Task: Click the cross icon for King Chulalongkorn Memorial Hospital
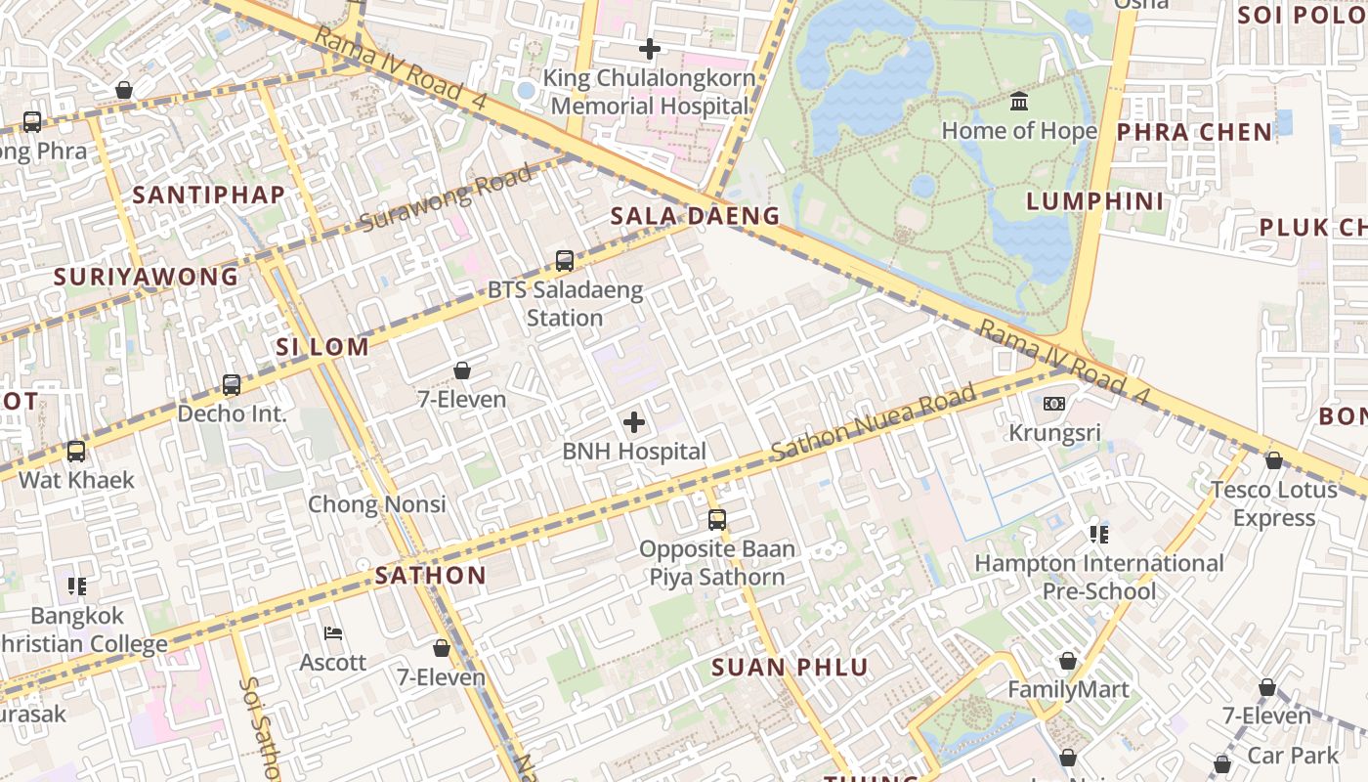tap(649, 48)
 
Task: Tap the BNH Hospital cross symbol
tap(634, 422)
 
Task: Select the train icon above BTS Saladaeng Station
tap(564, 261)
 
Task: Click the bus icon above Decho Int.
tap(232, 384)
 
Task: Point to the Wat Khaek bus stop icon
tap(76, 452)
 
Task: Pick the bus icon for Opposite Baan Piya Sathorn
tap(717, 520)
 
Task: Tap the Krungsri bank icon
tap(1053, 403)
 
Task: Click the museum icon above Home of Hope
tap(1019, 101)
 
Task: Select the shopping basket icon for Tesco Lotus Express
tap(1273, 460)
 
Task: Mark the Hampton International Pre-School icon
tap(1099, 534)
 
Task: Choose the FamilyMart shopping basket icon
tap(1068, 661)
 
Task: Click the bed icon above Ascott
tap(333, 633)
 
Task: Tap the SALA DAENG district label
tap(696, 216)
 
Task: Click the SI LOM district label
tap(322, 347)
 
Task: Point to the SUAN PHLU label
tap(790, 668)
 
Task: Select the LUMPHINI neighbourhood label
tap(1095, 201)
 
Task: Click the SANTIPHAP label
tap(209, 195)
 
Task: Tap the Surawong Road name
tap(447, 198)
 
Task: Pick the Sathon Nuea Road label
tap(874, 422)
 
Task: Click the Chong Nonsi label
tap(377, 504)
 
